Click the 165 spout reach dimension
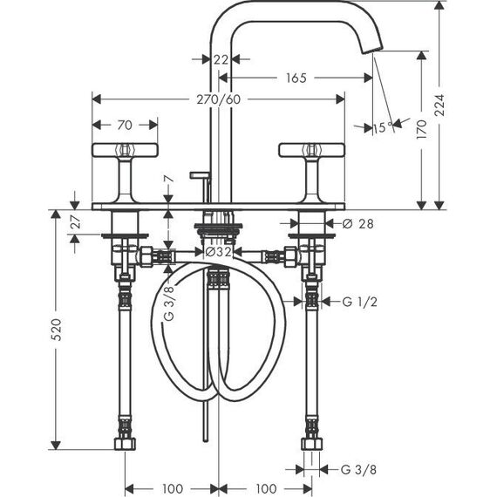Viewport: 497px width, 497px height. tap(296, 78)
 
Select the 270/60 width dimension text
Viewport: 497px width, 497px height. tap(219, 99)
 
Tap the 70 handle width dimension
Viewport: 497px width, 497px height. tap(125, 126)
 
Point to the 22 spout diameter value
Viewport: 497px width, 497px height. tap(221, 59)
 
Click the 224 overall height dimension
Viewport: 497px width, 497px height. tap(439, 105)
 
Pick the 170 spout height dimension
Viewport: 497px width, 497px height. tap(421, 129)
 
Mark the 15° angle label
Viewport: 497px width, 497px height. tap(383, 127)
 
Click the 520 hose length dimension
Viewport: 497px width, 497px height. tap(57, 330)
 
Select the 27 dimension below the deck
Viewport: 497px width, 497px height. tap(76, 221)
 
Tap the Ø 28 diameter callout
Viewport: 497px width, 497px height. tap(358, 224)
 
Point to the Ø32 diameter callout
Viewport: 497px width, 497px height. tap(218, 252)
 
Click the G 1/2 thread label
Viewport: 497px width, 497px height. tap(360, 302)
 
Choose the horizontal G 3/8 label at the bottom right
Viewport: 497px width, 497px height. tap(359, 469)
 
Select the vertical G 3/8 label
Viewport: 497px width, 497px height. tap(169, 303)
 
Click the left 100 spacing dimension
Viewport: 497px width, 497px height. tap(173, 488)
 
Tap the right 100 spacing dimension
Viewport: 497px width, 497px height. tap(266, 488)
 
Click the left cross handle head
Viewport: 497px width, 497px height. tap(125, 150)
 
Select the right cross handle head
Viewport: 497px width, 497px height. tap(311, 150)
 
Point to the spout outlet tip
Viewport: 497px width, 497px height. tap(372, 51)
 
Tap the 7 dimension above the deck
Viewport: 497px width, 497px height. tap(170, 179)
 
